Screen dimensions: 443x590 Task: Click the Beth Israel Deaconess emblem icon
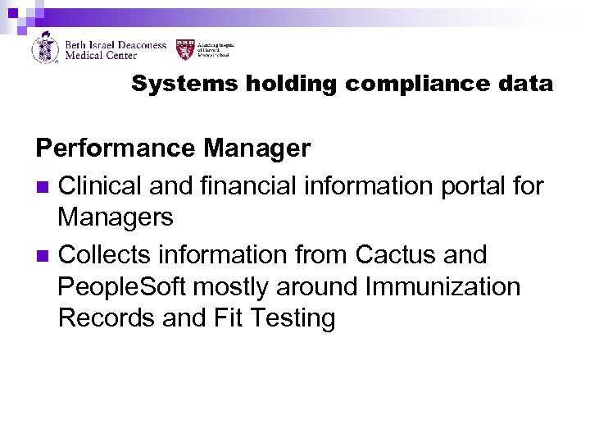44,48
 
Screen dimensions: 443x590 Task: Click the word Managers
116,217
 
